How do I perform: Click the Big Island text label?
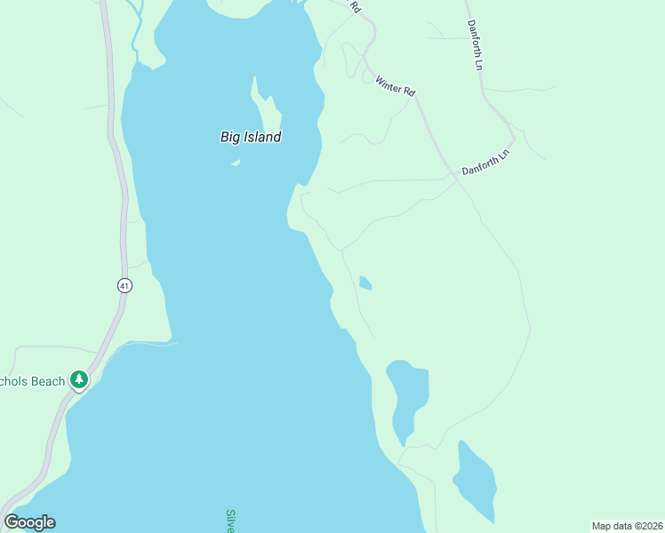coord(251,137)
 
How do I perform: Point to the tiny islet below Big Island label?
coord(236,163)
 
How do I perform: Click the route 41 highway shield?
coord(124,285)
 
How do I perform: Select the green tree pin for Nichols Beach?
coord(80,380)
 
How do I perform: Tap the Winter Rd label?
coord(396,86)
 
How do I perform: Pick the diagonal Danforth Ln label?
coord(485,162)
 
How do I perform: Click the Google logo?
coord(29,521)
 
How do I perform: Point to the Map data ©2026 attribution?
coord(627,526)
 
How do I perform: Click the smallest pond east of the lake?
coord(365,283)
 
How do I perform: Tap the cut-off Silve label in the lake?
coord(229,521)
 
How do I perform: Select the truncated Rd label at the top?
coord(356,7)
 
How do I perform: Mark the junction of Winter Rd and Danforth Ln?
coord(456,177)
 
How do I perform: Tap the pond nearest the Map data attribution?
coord(476,484)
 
